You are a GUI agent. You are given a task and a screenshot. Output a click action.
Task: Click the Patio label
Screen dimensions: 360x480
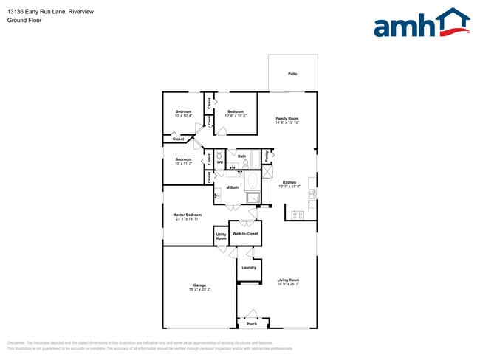[x=292, y=74]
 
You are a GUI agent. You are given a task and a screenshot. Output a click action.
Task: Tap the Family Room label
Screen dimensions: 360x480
[x=287, y=118]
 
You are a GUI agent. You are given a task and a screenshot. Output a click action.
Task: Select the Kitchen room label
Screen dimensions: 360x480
[x=289, y=182]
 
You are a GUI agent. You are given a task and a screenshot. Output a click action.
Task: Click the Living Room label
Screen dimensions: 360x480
[x=288, y=279]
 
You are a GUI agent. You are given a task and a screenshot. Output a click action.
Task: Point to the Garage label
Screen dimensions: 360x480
[x=199, y=285]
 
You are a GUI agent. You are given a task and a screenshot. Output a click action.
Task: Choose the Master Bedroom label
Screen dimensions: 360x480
[x=188, y=215]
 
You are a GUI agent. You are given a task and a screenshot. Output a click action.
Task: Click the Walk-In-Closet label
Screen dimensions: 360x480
[x=245, y=233]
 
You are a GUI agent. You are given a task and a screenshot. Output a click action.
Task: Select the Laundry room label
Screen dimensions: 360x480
[x=249, y=267]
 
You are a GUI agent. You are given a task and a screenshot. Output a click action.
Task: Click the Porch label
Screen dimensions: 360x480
[x=252, y=323]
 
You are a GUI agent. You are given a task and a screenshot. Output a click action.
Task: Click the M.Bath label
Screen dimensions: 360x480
[x=232, y=187]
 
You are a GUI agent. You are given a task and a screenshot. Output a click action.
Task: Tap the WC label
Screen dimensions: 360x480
[x=220, y=162]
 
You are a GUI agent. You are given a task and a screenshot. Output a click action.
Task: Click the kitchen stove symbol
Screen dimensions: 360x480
[x=298, y=215]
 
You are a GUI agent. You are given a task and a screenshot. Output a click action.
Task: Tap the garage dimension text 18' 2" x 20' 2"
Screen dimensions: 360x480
[x=199, y=289]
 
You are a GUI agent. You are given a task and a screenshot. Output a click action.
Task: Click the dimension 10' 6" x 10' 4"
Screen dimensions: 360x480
[x=236, y=116]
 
